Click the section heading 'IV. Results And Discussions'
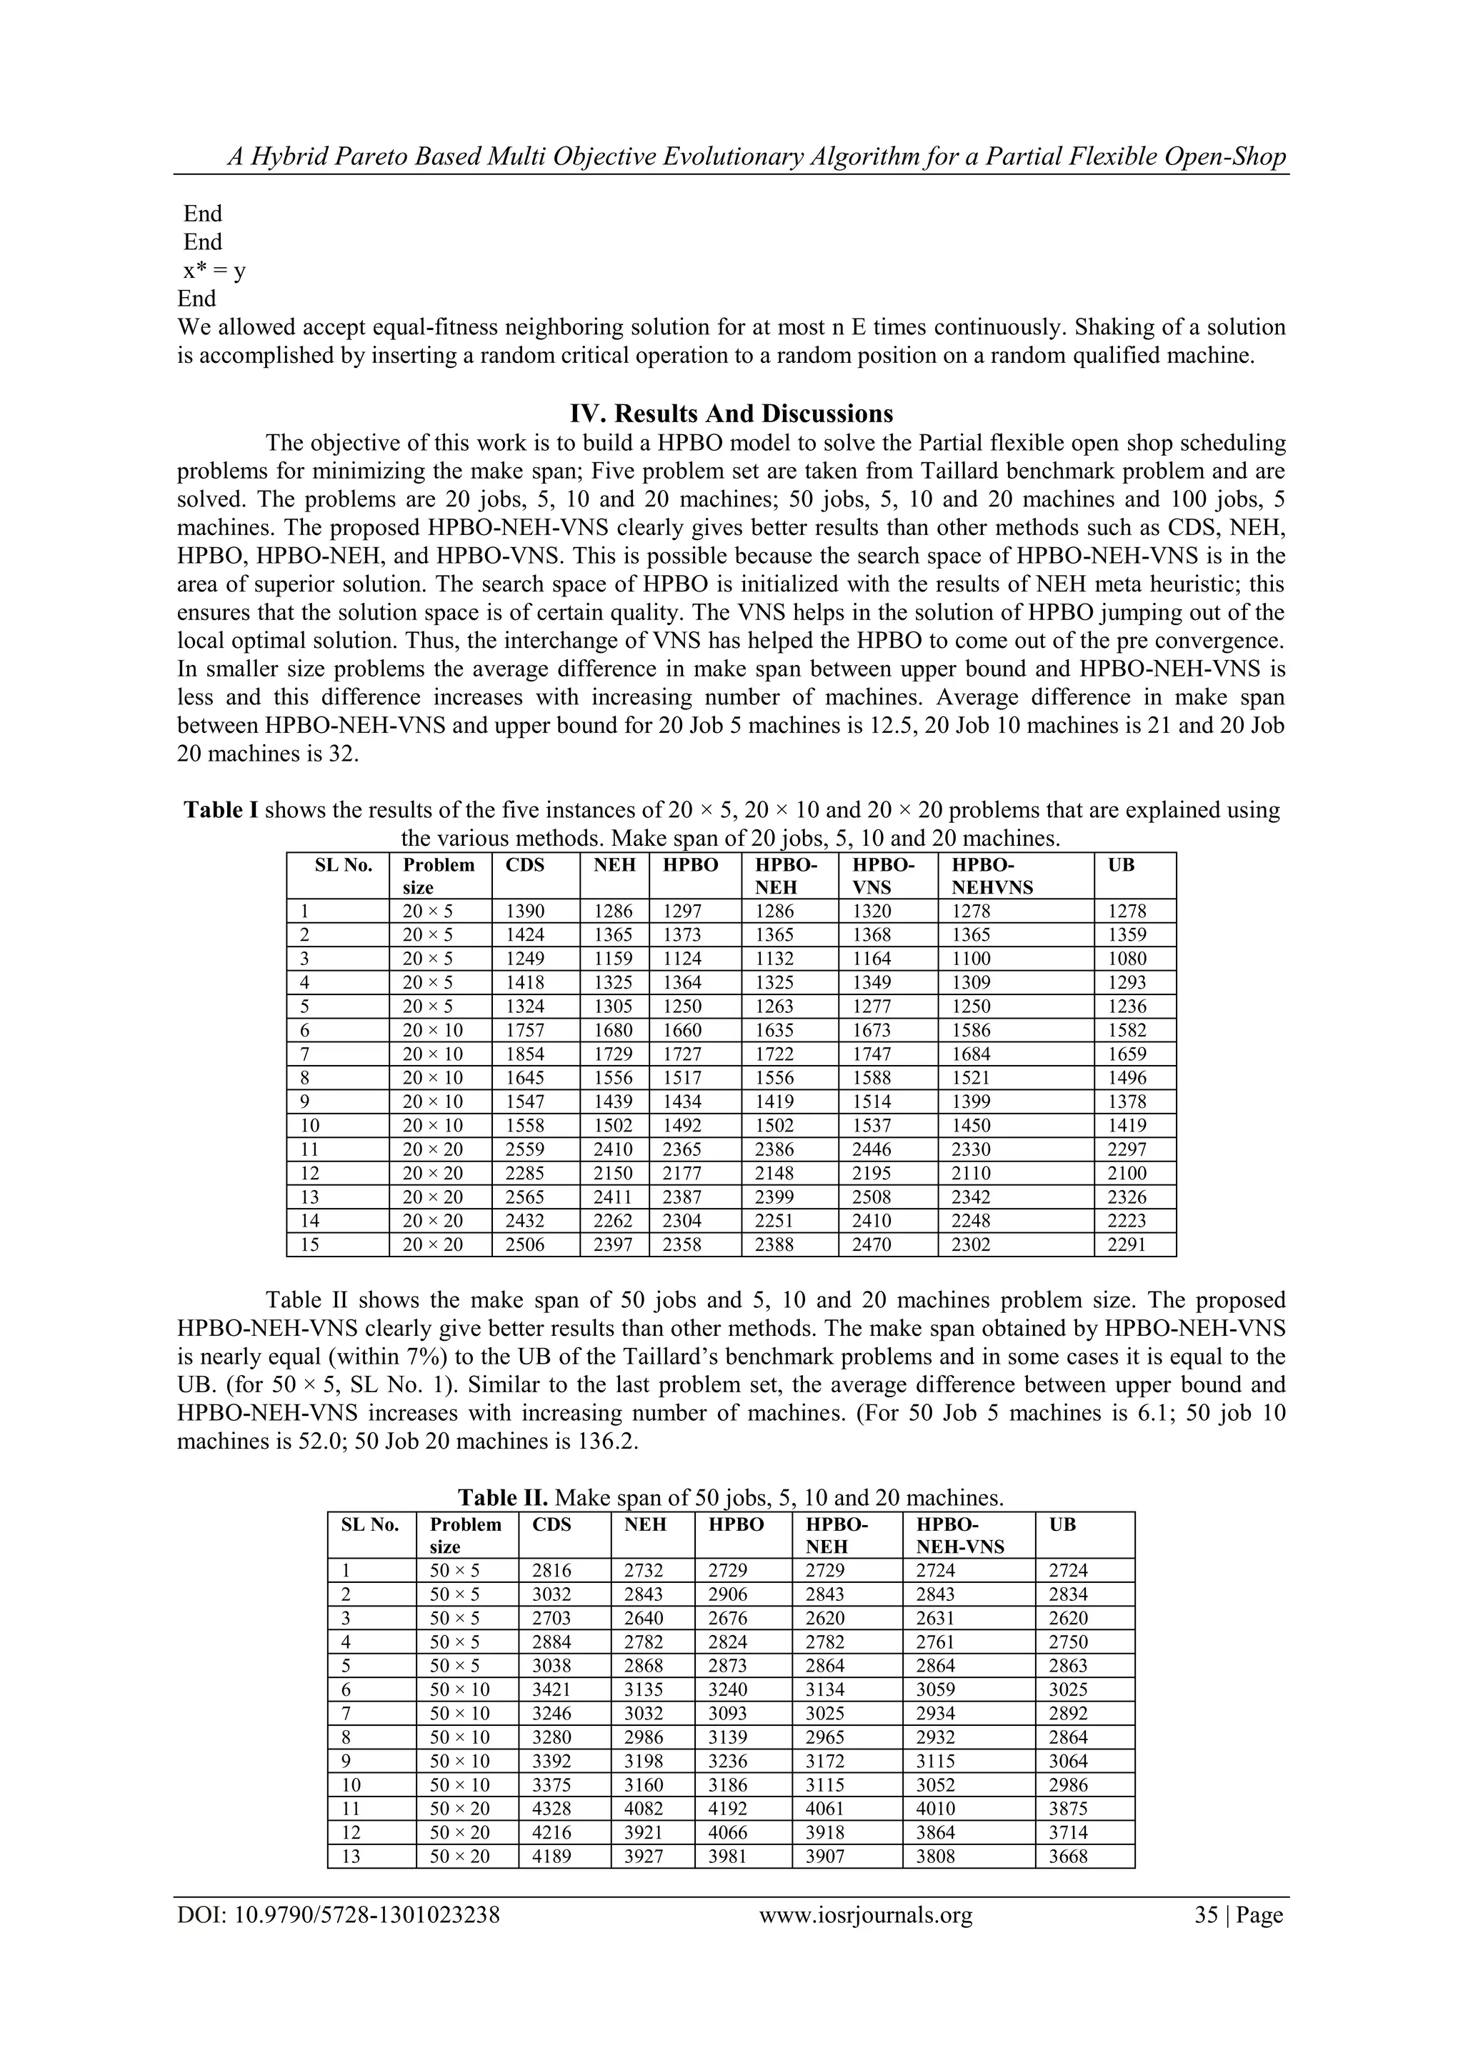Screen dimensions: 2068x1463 pyautogui.click(x=731, y=414)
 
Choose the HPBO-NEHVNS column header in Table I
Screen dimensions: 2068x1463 pyautogui.click(x=992, y=876)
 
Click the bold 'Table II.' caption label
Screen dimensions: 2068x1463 pyautogui.click(x=503, y=1497)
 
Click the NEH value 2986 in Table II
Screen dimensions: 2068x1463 pyautogui.click(x=643, y=1737)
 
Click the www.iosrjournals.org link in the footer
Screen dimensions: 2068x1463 pyautogui.click(x=866, y=1915)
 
